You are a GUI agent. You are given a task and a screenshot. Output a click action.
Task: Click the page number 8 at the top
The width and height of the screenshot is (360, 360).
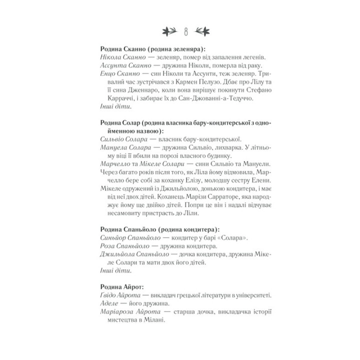click(185, 31)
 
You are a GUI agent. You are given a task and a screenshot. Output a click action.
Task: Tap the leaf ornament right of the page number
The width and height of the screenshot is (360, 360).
click(200, 31)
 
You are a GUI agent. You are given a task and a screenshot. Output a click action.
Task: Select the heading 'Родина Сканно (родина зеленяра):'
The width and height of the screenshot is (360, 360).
click(152, 49)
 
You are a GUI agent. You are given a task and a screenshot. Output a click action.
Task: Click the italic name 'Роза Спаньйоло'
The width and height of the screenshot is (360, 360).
click(121, 245)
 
